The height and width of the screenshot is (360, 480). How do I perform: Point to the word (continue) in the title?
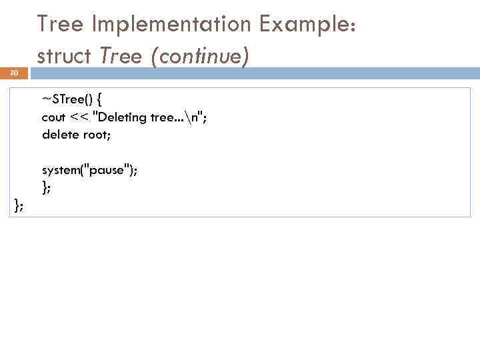199,57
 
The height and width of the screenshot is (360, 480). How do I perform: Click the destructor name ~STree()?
66,99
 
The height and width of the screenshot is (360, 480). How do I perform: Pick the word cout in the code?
53,117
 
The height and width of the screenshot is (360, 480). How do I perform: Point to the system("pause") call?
89,170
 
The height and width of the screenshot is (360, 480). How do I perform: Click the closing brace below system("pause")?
45,188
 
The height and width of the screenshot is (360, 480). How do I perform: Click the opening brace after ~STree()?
98,100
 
